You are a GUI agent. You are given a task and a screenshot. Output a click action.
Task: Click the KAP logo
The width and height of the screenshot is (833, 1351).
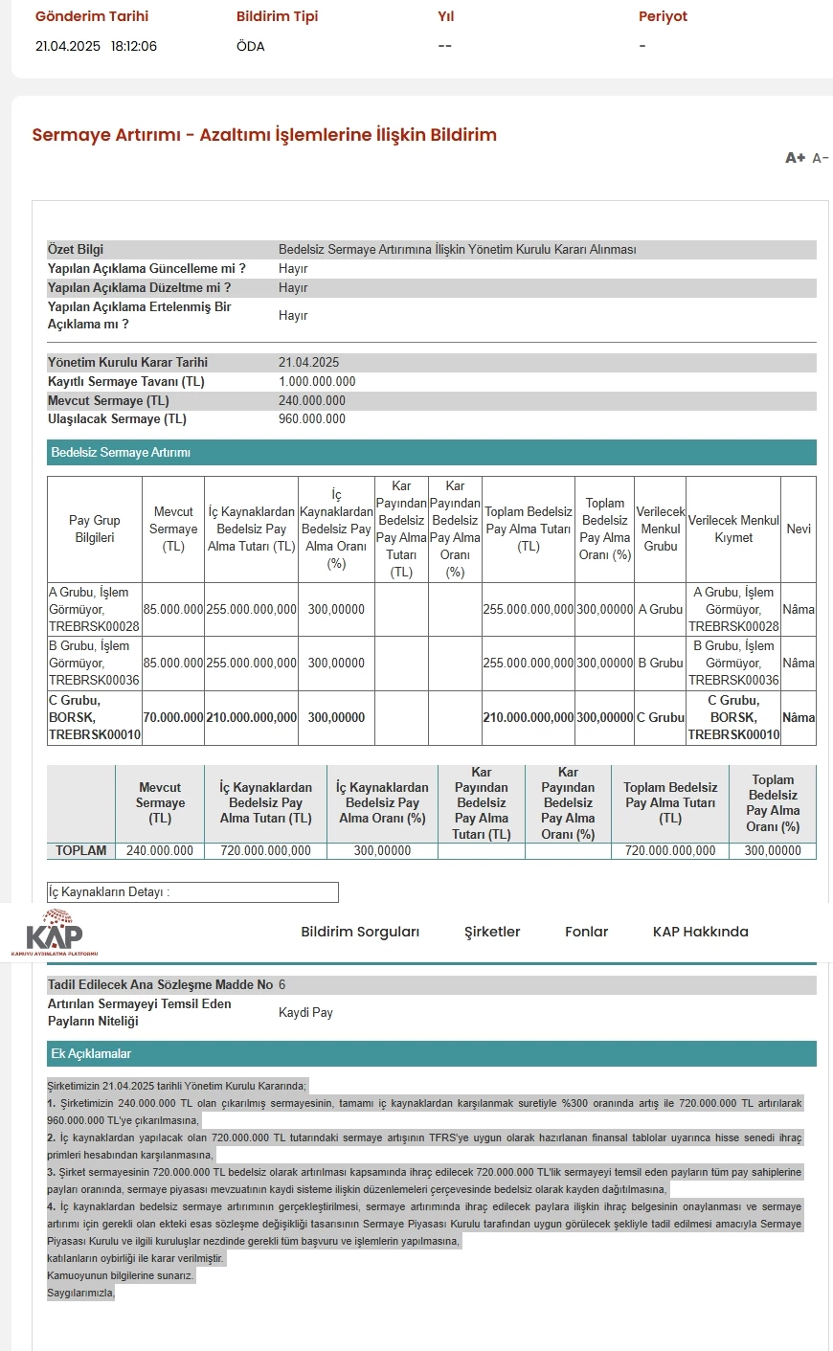click(x=54, y=933)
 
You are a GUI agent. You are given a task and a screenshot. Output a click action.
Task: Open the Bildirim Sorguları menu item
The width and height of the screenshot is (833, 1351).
click(x=360, y=932)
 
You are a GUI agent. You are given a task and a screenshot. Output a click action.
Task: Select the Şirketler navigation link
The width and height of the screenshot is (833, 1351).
click(x=492, y=932)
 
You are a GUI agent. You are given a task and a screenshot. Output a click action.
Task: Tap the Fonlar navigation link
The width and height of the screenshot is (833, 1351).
click(x=586, y=932)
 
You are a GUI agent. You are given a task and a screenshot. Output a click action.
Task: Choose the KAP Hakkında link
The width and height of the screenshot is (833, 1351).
click(x=700, y=932)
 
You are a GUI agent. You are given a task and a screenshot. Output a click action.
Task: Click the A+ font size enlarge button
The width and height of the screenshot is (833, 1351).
click(x=795, y=158)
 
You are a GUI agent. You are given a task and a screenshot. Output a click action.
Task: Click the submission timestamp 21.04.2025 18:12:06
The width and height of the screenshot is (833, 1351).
click(x=96, y=46)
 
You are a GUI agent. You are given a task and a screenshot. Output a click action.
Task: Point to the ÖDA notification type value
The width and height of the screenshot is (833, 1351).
click(x=251, y=46)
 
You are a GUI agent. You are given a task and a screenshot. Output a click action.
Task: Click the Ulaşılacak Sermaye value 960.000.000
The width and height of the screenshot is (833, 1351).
click(x=312, y=419)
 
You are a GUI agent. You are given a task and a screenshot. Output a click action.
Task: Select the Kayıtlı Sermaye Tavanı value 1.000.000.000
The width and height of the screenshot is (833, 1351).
click(x=317, y=381)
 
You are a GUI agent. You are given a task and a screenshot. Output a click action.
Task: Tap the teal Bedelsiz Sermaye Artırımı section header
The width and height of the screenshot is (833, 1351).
click(x=431, y=452)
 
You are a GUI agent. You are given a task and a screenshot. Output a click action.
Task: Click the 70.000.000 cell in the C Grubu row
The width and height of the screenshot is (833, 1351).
click(x=173, y=717)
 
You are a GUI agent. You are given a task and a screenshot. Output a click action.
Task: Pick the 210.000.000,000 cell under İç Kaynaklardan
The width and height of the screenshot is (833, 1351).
click(x=251, y=717)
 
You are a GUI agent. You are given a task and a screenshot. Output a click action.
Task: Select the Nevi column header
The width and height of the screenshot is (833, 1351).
click(x=799, y=529)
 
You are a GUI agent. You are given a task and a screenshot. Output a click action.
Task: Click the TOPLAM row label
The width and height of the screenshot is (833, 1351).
click(x=81, y=850)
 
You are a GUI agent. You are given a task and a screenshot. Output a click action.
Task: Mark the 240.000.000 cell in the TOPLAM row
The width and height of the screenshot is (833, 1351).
click(x=160, y=850)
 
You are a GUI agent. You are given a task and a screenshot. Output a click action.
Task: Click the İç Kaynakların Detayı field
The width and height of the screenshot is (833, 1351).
click(x=192, y=892)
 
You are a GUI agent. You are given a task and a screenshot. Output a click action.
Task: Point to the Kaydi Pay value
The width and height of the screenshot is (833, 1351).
click(x=305, y=1012)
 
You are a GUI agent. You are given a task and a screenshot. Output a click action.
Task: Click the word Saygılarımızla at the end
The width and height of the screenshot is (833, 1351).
click(x=80, y=1293)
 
